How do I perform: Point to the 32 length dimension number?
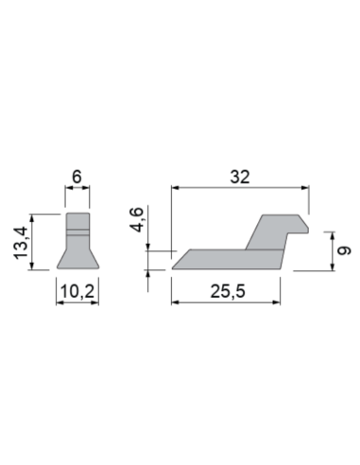point(239,176)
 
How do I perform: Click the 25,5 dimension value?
point(227,294)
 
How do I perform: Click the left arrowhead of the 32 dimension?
point(175,188)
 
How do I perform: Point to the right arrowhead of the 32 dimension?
point(306,188)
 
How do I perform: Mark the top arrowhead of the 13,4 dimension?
point(35,216)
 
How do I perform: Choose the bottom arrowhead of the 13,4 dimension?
point(35,267)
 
